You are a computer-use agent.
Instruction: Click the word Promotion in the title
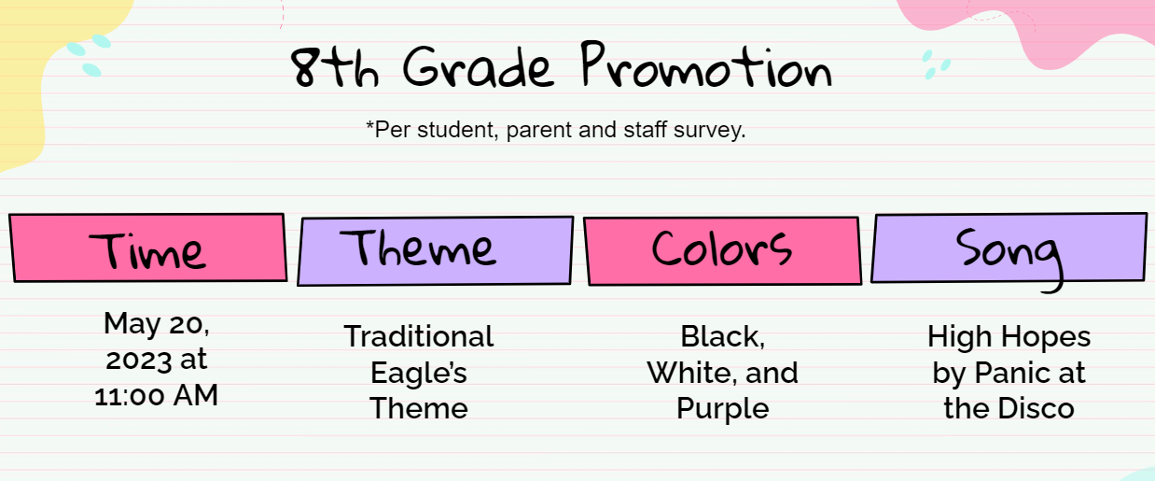(706, 65)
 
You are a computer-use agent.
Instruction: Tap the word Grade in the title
(478, 67)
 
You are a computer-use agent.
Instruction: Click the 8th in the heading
(335, 67)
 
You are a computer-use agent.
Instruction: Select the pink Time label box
(148, 248)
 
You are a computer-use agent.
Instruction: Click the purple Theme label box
(436, 251)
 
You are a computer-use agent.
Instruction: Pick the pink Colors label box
(722, 251)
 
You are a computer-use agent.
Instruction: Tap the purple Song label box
(1009, 248)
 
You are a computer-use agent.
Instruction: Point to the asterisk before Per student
(369, 124)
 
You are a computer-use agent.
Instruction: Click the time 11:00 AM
(156, 396)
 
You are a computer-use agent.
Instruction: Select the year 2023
(139, 360)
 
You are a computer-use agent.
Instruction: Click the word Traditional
(419, 336)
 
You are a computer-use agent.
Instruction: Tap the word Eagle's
(419, 373)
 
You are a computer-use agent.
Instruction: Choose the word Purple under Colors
(723, 410)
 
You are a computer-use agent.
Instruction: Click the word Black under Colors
(722, 337)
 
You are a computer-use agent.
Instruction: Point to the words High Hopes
(1009, 337)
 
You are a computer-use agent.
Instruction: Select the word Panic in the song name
(1013, 373)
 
